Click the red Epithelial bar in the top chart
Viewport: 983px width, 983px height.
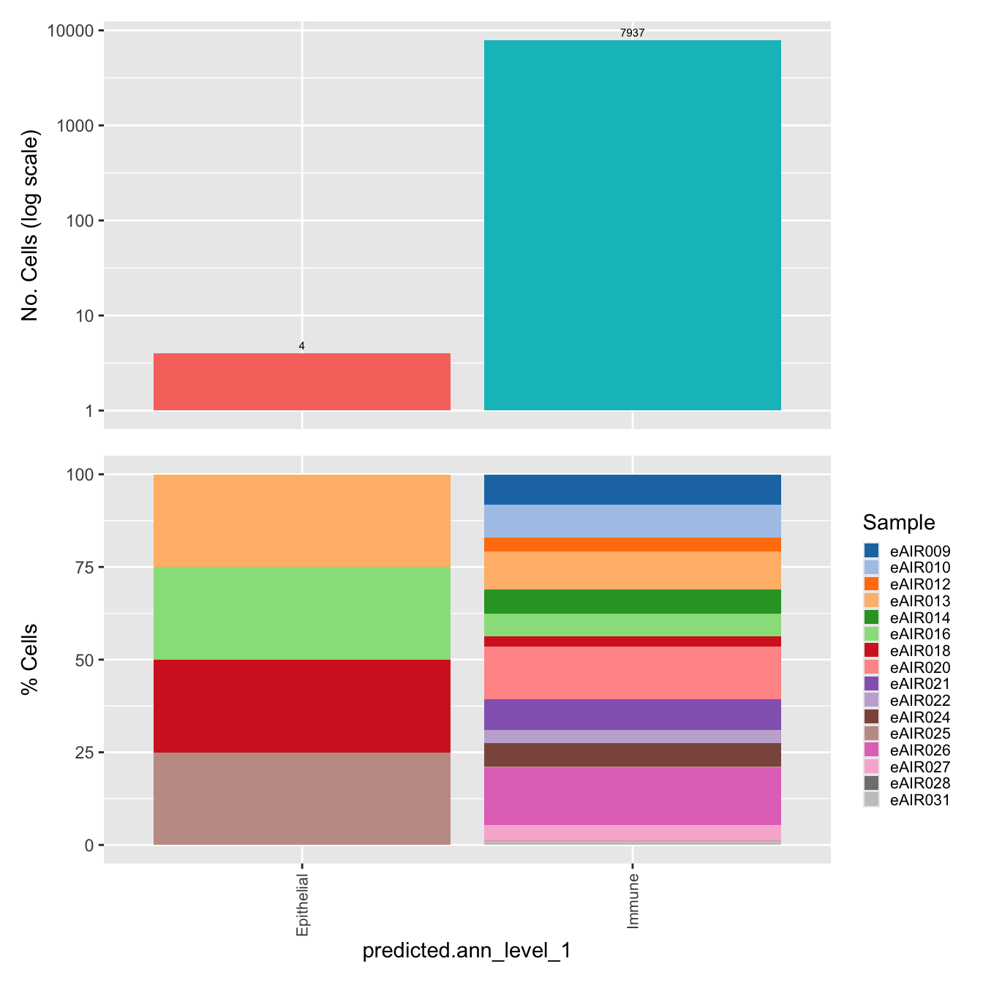(x=301, y=382)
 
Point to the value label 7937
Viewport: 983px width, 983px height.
(x=633, y=33)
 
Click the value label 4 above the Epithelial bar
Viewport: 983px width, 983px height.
(x=301, y=346)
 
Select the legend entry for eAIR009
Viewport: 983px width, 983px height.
(x=919, y=551)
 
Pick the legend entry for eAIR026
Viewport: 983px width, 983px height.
(x=919, y=750)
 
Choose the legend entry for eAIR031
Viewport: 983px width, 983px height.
(x=919, y=800)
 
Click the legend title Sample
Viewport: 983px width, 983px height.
(x=898, y=522)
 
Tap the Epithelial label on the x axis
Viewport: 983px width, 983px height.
(x=303, y=905)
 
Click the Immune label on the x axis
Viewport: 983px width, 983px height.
(x=633, y=900)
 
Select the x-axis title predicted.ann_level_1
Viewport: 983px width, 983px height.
(x=467, y=951)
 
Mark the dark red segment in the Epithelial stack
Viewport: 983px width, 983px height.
(x=301, y=706)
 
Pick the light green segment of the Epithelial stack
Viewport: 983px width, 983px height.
(x=301, y=614)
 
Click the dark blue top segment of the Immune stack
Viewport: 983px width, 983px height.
(x=633, y=489)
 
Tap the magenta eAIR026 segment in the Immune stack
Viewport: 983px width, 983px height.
(x=633, y=796)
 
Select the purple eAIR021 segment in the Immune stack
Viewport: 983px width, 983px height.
(x=633, y=715)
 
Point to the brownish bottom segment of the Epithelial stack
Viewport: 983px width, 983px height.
(x=301, y=799)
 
